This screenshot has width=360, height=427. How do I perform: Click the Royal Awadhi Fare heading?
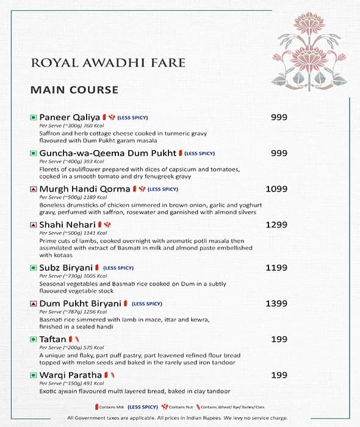pyautogui.click(x=107, y=63)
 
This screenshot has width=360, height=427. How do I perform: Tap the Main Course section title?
pyautogui.click(x=74, y=90)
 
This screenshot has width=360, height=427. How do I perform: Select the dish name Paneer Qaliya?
pyautogui.click(x=70, y=117)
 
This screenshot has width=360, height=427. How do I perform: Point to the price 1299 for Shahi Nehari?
pyautogui.click(x=276, y=225)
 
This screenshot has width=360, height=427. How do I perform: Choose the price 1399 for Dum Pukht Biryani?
pyautogui.click(x=276, y=303)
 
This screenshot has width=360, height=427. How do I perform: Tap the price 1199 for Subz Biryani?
pyautogui.click(x=276, y=267)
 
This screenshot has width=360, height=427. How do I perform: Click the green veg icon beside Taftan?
pyautogui.click(x=34, y=339)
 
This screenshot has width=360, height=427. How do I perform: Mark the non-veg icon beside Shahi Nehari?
pyautogui.click(x=34, y=225)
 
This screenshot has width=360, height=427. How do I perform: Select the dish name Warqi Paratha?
pyautogui.click(x=70, y=375)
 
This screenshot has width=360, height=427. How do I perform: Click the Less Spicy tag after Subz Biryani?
pyautogui.click(x=118, y=268)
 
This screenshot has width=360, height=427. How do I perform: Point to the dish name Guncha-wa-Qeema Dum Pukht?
pyautogui.click(x=107, y=153)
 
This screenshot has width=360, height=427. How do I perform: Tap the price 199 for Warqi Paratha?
pyautogui.click(x=279, y=375)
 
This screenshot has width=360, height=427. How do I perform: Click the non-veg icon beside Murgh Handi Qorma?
pyautogui.click(x=34, y=189)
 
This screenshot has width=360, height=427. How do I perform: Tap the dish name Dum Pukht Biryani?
pyautogui.click(x=80, y=303)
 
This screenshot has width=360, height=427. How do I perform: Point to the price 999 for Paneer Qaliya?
pyautogui.click(x=279, y=117)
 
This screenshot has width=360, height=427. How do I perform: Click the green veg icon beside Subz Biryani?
pyautogui.click(x=34, y=268)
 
